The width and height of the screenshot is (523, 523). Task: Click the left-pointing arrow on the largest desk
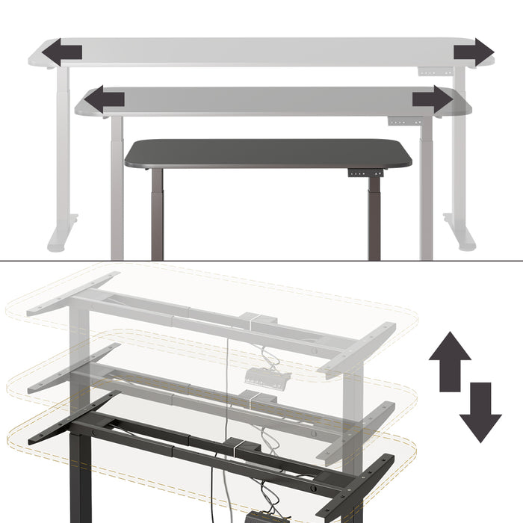click(61, 53)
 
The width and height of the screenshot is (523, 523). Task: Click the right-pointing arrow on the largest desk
click(474, 52)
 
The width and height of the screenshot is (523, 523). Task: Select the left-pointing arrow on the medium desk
click(104, 99)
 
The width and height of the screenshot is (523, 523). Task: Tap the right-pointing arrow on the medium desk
click(432, 99)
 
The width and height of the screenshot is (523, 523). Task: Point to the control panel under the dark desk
click(365, 173)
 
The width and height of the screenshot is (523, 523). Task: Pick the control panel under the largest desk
click(435, 72)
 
